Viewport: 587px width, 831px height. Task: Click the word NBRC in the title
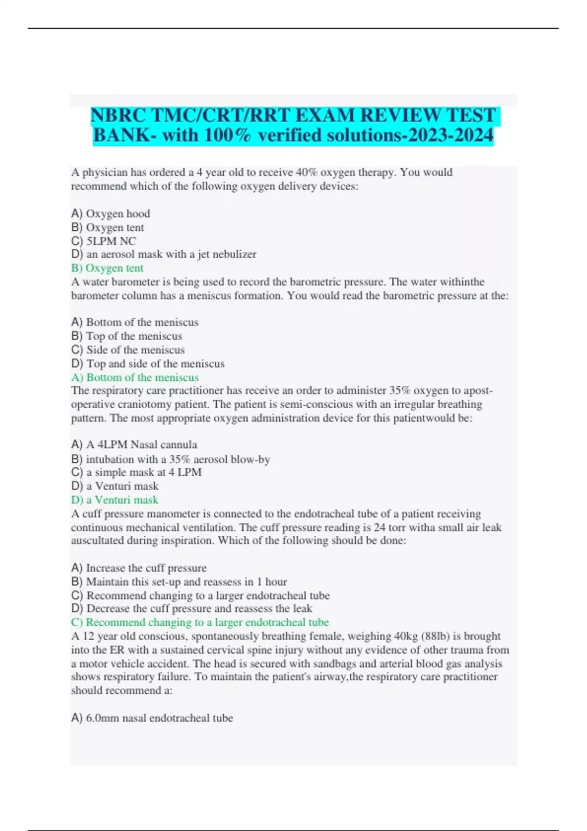click(x=118, y=115)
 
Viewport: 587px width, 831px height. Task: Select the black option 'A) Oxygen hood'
click(x=111, y=214)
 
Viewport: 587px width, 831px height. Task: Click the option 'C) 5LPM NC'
click(x=103, y=241)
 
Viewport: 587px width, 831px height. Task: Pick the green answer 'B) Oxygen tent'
click(x=107, y=268)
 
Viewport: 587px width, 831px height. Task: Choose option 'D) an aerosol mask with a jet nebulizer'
click(x=163, y=254)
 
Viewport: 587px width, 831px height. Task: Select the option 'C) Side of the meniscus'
click(x=128, y=350)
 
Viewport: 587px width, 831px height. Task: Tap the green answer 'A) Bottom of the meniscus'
click(x=135, y=377)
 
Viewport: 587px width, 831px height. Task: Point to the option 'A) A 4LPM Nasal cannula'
click(x=134, y=444)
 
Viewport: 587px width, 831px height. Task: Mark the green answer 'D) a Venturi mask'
click(x=114, y=500)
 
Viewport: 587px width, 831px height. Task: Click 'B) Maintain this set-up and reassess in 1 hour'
click(x=179, y=582)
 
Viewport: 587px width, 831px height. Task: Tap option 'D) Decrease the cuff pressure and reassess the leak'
click(x=191, y=608)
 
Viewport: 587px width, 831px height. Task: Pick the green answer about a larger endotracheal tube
click(x=200, y=622)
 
